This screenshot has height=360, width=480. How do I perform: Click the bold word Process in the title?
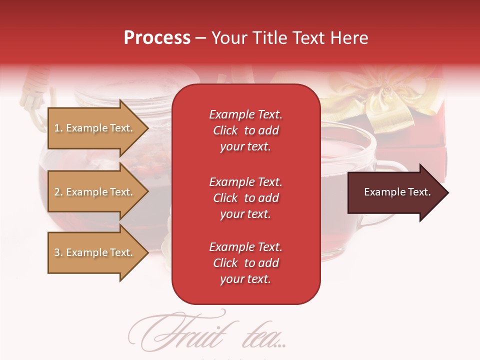157,38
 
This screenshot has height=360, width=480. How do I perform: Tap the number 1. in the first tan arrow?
58,128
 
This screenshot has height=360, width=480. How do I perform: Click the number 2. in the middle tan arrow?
58,192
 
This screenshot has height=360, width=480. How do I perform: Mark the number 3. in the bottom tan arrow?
58,252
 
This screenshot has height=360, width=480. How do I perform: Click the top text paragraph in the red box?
245,130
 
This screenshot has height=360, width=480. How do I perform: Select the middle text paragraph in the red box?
245,198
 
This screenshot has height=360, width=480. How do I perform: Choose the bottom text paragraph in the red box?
245,263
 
